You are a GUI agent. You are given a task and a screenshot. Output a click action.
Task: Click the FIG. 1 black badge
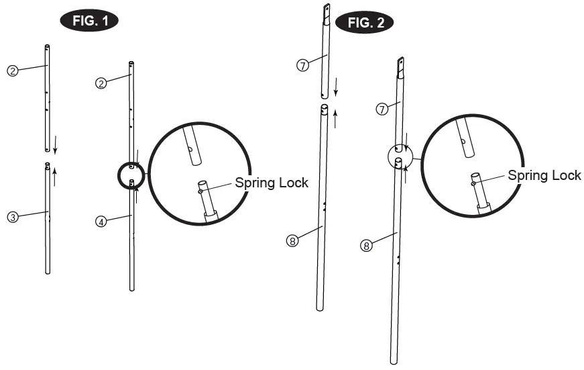point(90,20)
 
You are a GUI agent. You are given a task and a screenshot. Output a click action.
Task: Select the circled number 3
point(12,216)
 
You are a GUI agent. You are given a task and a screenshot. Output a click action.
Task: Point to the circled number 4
point(101,221)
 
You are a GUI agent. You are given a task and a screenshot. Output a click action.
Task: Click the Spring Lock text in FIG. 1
point(272,183)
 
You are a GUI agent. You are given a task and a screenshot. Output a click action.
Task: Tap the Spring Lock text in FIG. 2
point(544,175)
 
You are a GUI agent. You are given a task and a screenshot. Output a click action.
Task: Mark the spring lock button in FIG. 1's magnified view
point(200,191)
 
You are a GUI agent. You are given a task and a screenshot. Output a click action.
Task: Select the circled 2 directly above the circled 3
point(12,70)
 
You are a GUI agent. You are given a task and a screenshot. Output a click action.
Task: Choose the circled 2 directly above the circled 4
point(101,83)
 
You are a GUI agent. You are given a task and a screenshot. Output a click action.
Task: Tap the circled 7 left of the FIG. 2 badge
point(302,65)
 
